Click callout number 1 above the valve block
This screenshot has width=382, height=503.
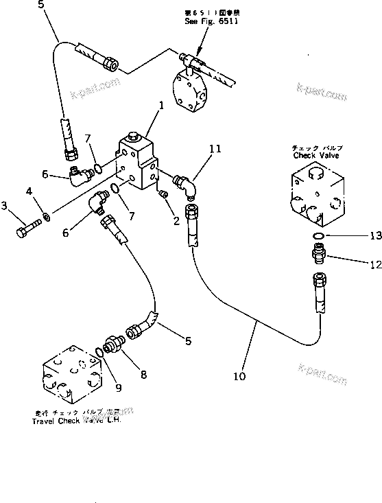pos(160,106)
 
